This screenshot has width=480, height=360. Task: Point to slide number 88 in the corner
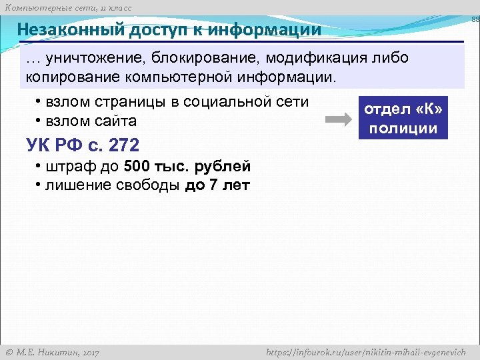[475, 21]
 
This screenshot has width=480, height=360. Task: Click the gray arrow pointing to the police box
[337, 120]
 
